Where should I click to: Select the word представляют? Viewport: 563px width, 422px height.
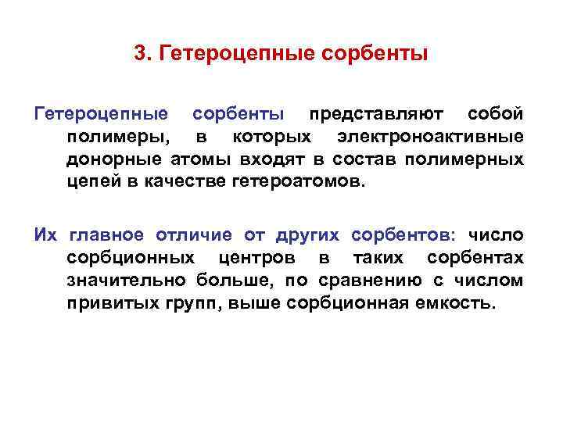click(376, 115)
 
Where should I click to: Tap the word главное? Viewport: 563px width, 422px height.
click(106, 235)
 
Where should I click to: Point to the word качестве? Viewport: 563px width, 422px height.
click(185, 183)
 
